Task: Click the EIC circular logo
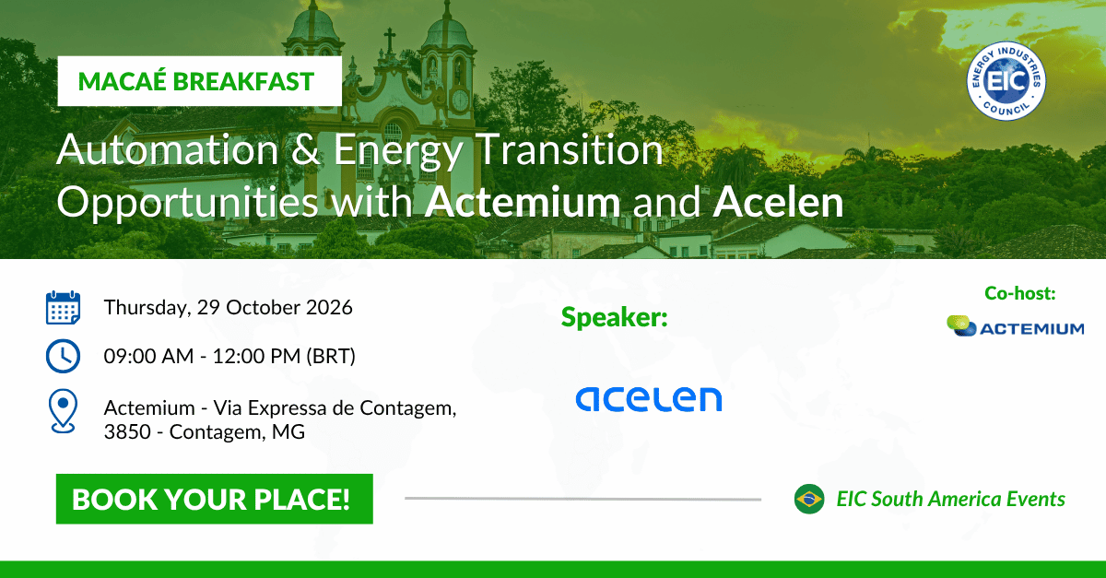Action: click(1006, 80)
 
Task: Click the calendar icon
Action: click(64, 308)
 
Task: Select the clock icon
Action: click(63, 356)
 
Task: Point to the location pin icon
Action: click(63, 411)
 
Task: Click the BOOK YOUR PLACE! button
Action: click(214, 499)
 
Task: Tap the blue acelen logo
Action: click(649, 399)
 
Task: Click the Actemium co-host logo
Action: click(1015, 326)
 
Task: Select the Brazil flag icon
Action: click(809, 499)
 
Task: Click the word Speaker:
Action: click(614, 317)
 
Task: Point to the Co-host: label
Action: click(1020, 293)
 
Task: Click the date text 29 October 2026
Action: click(275, 307)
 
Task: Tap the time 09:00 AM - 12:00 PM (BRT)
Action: click(229, 356)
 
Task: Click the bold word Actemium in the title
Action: click(523, 202)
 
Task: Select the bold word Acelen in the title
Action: click(778, 202)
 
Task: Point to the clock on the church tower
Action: click(460, 100)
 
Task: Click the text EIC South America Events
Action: click(950, 499)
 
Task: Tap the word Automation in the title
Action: click(168, 149)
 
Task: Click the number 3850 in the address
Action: click(127, 431)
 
